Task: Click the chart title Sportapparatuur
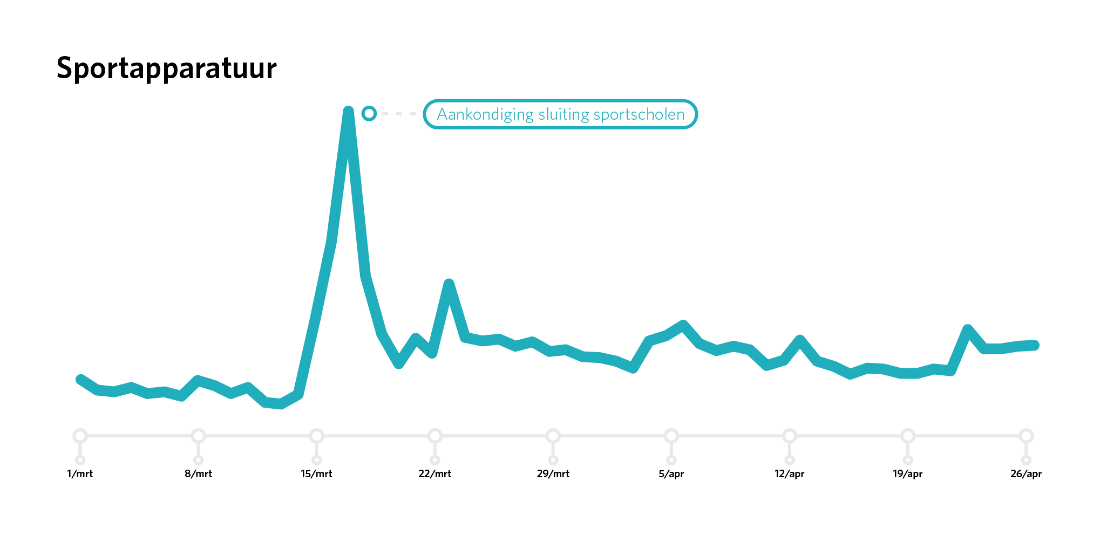pyautogui.click(x=166, y=69)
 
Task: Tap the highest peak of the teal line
pyautogui.click(x=348, y=112)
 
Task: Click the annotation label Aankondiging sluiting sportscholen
pyautogui.click(x=560, y=114)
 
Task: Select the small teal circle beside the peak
pyautogui.click(x=369, y=113)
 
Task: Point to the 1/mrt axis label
pyautogui.click(x=80, y=474)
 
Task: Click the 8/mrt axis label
pyautogui.click(x=198, y=474)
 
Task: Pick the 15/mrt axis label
pyautogui.click(x=316, y=474)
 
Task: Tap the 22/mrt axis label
pyautogui.click(x=434, y=474)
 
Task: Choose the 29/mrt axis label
pyautogui.click(x=553, y=474)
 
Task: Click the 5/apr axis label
pyautogui.click(x=671, y=474)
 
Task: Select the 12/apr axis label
pyautogui.click(x=789, y=474)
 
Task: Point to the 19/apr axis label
pyautogui.click(x=907, y=474)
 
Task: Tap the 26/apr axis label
pyautogui.click(x=1025, y=474)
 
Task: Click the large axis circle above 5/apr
pyautogui.click(x=671, y=436)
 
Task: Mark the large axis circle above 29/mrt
pyautogui.click(x=553, y=436)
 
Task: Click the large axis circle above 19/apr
pyautogui.click(x=908, y=436)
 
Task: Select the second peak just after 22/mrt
pyautogui.click(x=449, y=283)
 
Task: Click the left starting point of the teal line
pyautogui.click(x=80, y=380)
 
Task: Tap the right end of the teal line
pyautogui.click(x=1034, y=345)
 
